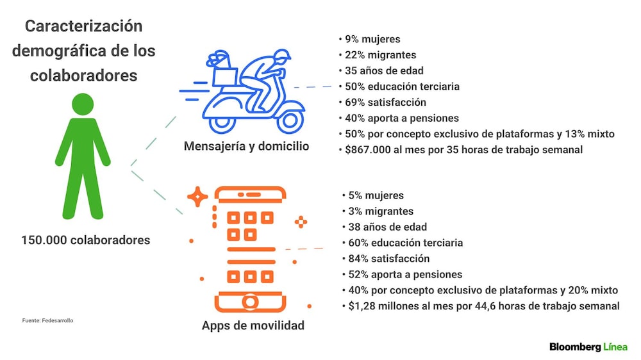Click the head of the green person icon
[x=83, y=104]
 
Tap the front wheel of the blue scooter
[x=290, y=120]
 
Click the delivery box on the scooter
[x=225, y=77]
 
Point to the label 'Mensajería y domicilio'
[x=247, y=146]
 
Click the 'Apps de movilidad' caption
[x=253, y=325]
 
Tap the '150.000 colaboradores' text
[x=86, y=240]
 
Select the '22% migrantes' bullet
[x=380, y=54]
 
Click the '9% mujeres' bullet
[x=372, y=39]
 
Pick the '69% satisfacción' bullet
[x=385, y=102]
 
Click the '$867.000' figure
[x=367, y=149]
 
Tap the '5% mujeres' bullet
[x=376, y=195]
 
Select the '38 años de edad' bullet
[x=388, y=227]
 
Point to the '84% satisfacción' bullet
[x=389, y=259]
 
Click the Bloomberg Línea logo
[x=588, y=347]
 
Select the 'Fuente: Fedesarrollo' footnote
[x=48, y=320]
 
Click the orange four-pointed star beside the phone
[x=197, y=197]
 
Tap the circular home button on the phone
[x=250, y=302]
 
